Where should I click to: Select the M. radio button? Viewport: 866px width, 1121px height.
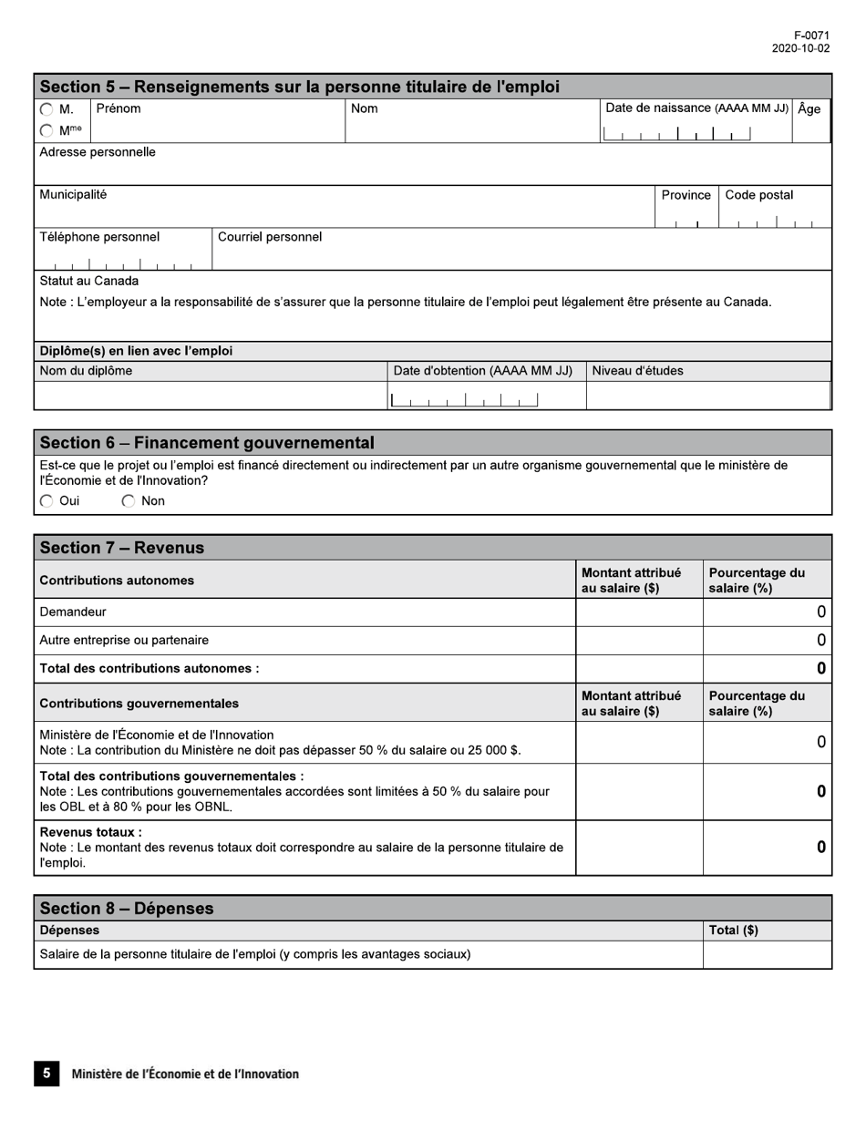[x=46, y=109]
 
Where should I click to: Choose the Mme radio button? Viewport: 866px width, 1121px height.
[x=46, y=131]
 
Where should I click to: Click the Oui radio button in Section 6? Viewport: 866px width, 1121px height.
[x=46, y=501]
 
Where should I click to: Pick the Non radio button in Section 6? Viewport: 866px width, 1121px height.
[x=129, y=501]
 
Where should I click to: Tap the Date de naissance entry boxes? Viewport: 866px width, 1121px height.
[x=676, y=134]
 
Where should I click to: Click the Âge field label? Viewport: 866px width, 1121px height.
[x=809, y=109]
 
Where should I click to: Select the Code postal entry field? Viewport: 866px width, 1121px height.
[x=775, y=219]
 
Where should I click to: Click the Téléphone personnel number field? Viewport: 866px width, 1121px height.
[x=122, y=262]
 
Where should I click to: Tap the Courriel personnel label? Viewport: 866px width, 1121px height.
[x=270, y=237]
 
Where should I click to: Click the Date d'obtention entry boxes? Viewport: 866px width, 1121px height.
[x=464, y=399]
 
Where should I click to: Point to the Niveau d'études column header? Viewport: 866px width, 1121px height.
[x=637, y=371]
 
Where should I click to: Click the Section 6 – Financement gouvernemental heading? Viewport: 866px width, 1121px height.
[x=207, y=443]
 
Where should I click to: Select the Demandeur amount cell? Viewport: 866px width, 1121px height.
[x=639, y=612]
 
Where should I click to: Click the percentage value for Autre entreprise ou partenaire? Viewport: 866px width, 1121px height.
[x=820, y=641]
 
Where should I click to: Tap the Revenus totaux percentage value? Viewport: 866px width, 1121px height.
[x=820, y=848]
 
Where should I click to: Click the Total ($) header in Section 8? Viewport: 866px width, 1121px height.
[x=733, y=931]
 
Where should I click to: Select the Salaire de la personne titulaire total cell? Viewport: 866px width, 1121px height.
[x=767, y=954]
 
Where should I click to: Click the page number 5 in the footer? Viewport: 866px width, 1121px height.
[x=46, y=1074]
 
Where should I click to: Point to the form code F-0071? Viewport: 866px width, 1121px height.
[x=811, y=36]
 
